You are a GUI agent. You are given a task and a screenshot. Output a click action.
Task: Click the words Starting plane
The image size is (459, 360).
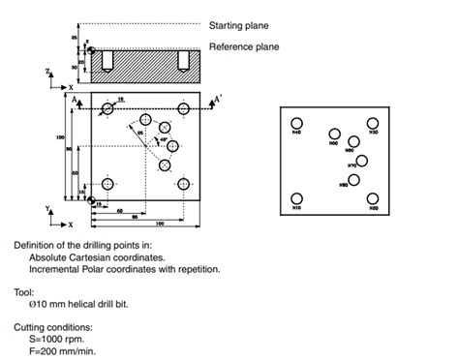(x=239, y=25)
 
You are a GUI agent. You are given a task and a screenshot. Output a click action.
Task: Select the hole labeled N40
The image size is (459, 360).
(x=296, y=123)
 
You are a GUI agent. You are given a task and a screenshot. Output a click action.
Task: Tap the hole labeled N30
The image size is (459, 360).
(x=372, y=123)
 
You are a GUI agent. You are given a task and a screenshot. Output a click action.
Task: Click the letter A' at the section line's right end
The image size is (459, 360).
(x=218, y=99)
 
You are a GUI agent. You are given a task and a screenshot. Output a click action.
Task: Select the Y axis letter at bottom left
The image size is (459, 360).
(x=49, y=208)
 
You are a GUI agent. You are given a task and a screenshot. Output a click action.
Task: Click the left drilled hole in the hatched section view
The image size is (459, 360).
(x=106, y=61)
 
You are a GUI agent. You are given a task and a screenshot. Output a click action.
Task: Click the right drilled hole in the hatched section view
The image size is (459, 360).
(x=181, y=61)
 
